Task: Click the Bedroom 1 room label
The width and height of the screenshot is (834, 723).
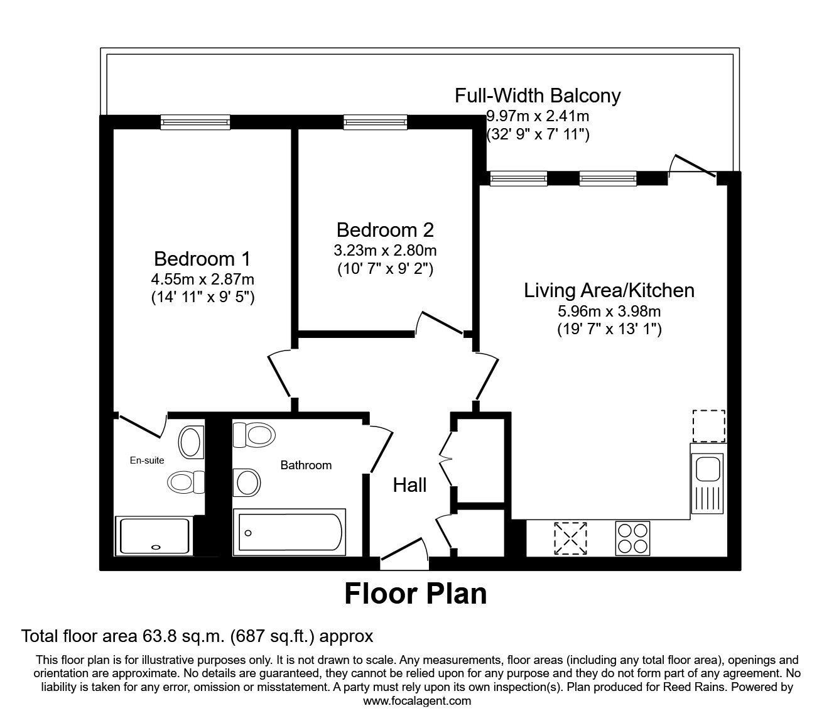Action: click(202, 259)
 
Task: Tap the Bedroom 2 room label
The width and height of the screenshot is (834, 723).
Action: click(385, 229)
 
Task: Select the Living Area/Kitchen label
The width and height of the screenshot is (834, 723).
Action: click(609, 290)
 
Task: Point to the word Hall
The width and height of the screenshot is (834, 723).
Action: click(409, 485)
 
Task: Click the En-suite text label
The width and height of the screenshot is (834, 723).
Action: click(147, 460)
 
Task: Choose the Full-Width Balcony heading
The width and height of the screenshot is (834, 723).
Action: click(538, 95)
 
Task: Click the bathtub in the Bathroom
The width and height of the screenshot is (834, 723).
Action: click(289, 532)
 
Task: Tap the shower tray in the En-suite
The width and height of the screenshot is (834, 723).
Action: click(153, 536)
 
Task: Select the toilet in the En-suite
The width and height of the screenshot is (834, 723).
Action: click(185, 482)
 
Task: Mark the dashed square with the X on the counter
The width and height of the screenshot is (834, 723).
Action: click(570, 538)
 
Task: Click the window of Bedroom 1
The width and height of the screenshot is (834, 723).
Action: click(195, 122)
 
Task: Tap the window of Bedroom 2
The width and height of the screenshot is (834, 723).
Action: click(375, 122)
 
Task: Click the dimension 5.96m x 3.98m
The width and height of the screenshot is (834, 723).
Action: click(609, 310)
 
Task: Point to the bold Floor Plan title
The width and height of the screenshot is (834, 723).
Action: click(416, 594)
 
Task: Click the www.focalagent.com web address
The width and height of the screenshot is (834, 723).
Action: click(417, 701)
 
